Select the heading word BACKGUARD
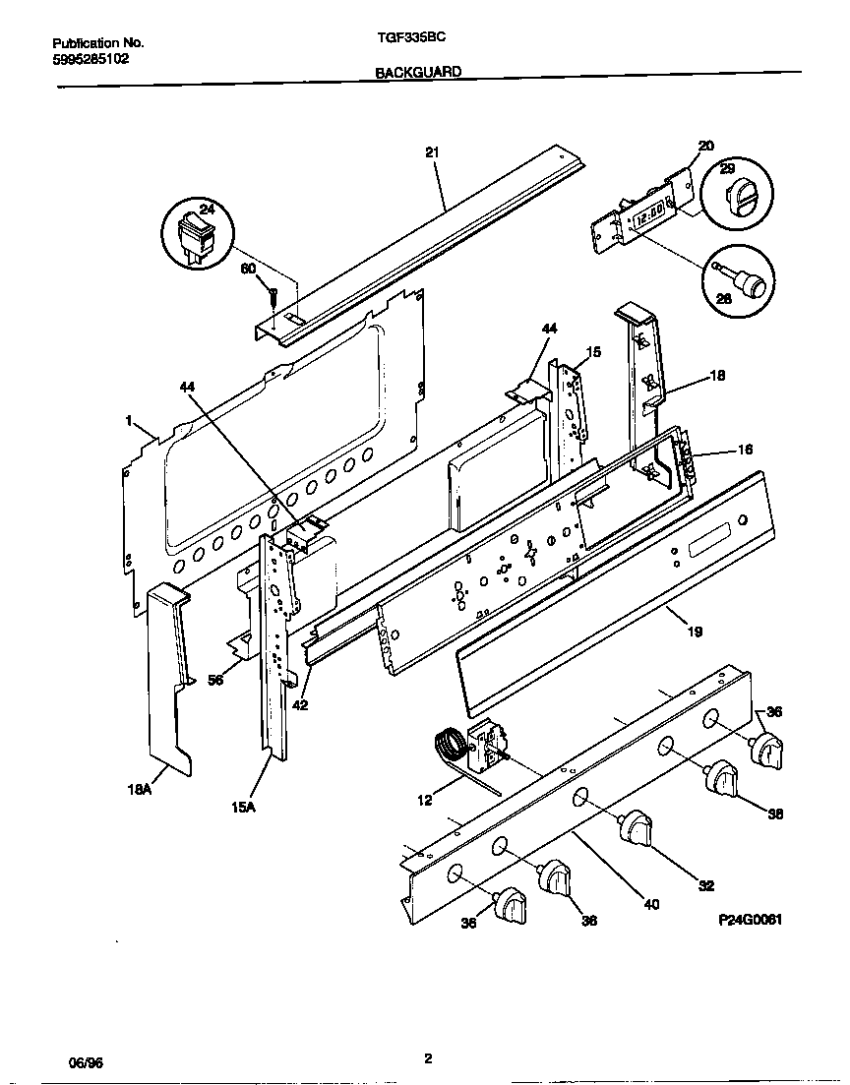coord(418,72)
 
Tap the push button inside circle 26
coord(750,283)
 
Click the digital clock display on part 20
coord(648,215)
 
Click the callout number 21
coord(431,152)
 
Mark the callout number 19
coord(695,632)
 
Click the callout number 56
coord(215,679)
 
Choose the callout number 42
coord(300,704)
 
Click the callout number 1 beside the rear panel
coord(128,420)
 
